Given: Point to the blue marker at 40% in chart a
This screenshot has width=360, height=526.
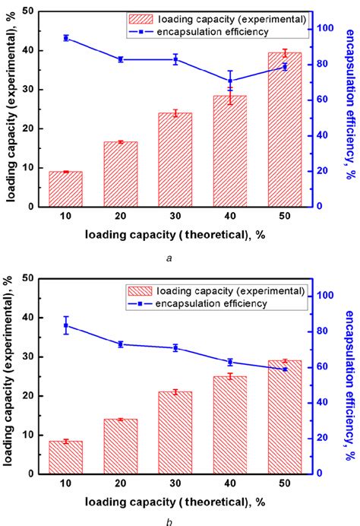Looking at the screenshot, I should (x=230, y=80).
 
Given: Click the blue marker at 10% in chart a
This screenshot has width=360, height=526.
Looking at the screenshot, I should (x=65, y=37).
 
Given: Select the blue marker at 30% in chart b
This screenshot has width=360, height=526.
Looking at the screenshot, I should (x=175, y=347).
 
